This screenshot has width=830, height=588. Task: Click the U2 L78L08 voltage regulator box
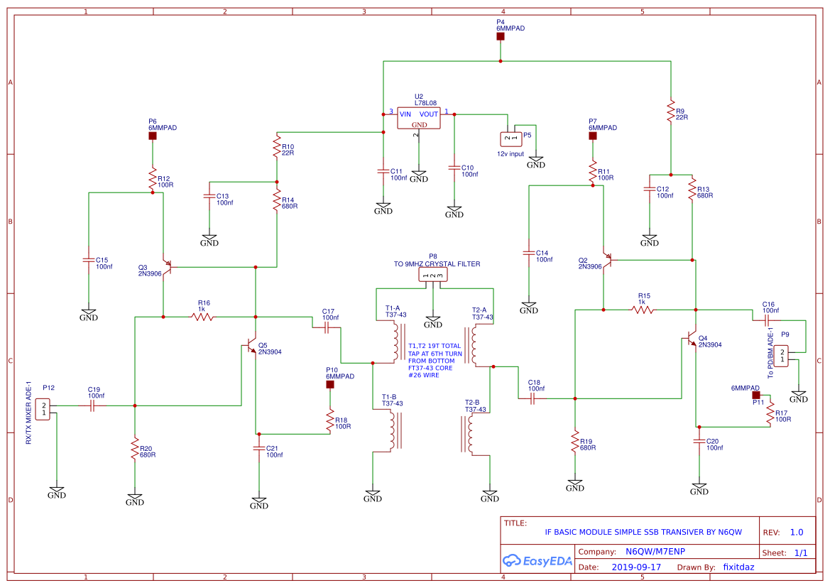tap(418, 119)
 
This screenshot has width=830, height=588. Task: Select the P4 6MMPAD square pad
tap(501, 36)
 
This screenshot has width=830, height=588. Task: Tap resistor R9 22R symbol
tap(670, 111)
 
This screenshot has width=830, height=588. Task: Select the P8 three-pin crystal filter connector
tap(433, 276)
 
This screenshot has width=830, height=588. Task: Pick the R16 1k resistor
tap(202, 317)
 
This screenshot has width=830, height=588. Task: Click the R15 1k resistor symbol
tap(643, 310)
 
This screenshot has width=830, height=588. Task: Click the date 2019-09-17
tap(636, 567)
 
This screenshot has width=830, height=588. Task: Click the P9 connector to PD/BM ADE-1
tap(779, 355)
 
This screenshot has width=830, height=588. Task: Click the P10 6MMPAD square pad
tap(330, 384)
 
